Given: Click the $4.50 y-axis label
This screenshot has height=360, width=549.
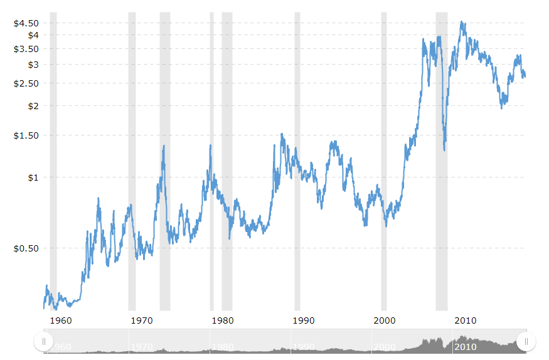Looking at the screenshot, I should [x=27, y=23].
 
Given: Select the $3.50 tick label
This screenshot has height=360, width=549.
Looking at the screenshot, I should [x=27, y=49].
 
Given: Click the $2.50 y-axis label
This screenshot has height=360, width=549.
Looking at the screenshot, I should [x=27, y=83].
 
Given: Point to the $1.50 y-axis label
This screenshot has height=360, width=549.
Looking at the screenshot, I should [x=27, y=135].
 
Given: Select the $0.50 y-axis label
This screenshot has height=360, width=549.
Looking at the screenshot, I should [x=27, y=248].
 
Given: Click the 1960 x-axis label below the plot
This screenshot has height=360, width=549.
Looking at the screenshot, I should [x=60, y=320].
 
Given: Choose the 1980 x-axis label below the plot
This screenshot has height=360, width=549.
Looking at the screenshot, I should [x=223, y=320].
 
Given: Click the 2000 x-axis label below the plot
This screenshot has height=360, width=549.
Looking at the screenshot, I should [x=385, y=320].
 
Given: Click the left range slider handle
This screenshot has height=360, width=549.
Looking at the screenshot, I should [x=43, y=341].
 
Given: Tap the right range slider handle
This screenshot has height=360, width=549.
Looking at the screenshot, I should [x=526, y=341].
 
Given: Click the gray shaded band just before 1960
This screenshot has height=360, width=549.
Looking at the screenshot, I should [x=53, y=157].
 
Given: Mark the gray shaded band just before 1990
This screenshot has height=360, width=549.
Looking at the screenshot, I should [x=297, y=157].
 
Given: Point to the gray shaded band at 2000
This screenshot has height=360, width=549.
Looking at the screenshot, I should [x=384, y=157].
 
